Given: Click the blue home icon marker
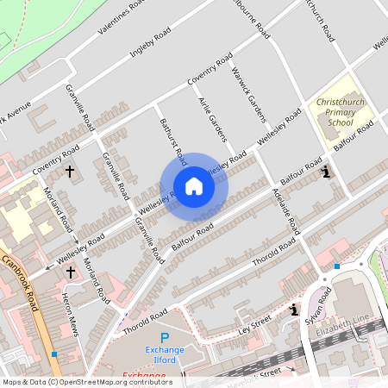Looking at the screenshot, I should click(x=194, y=186).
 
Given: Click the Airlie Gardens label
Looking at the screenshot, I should click(x=216, y=120).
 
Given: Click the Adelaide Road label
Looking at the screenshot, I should click(x=285, y=210).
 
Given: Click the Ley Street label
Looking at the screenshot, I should click(x=254, y=326).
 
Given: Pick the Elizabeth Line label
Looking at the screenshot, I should click(x=341, y=331).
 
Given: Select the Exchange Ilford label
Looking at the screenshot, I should click(x=160, y=354).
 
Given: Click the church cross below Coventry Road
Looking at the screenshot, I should click(x=69, y=172).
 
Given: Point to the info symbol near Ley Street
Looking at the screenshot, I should click(x=295, y=310).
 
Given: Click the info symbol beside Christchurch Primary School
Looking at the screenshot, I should click(x=326, y=172).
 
